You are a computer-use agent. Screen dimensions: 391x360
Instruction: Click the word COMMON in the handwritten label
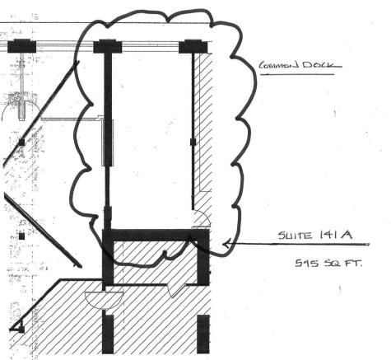coord(279,66)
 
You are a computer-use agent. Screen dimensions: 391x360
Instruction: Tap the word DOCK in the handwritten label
coord(319,65)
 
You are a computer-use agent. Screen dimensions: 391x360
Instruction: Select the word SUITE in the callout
coord(296,236)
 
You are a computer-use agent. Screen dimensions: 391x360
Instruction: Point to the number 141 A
coord(335,235)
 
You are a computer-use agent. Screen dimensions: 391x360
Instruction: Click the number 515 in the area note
coord(307,263)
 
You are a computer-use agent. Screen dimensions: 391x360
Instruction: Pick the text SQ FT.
coord(343,264)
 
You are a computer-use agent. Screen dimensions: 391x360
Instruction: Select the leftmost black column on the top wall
coord(21,46)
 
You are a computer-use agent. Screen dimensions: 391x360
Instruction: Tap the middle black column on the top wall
coord(108,46)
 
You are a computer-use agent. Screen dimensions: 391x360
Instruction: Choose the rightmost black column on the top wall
coord(193,46)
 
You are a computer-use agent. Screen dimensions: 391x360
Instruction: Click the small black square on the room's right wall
coord(193,142)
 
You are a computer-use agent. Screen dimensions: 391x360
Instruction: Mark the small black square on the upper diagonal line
coord(21,143)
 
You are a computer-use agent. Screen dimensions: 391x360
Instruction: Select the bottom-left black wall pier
coord(108,334)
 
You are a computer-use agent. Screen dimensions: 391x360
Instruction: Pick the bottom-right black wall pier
coord(203,334)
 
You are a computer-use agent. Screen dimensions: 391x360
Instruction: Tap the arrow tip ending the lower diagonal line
coord(80,266)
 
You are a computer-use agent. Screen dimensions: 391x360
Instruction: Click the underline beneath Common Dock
coord(297,74)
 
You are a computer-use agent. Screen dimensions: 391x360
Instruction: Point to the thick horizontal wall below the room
coord(156,235)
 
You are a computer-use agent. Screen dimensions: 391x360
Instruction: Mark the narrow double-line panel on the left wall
coord(108,143)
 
